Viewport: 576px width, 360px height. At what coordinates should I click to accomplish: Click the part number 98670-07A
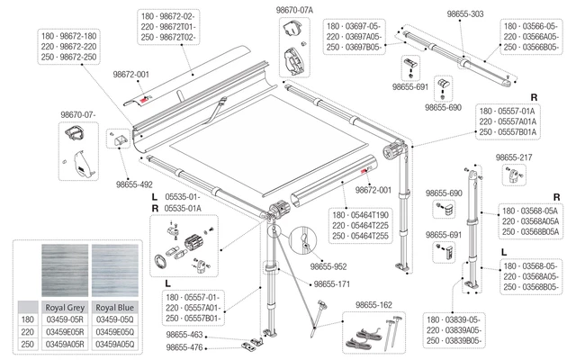293,9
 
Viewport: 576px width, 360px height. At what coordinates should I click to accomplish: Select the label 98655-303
465,15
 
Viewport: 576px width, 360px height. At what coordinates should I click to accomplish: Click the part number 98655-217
515,156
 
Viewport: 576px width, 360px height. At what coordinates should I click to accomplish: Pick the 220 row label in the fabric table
27,330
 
